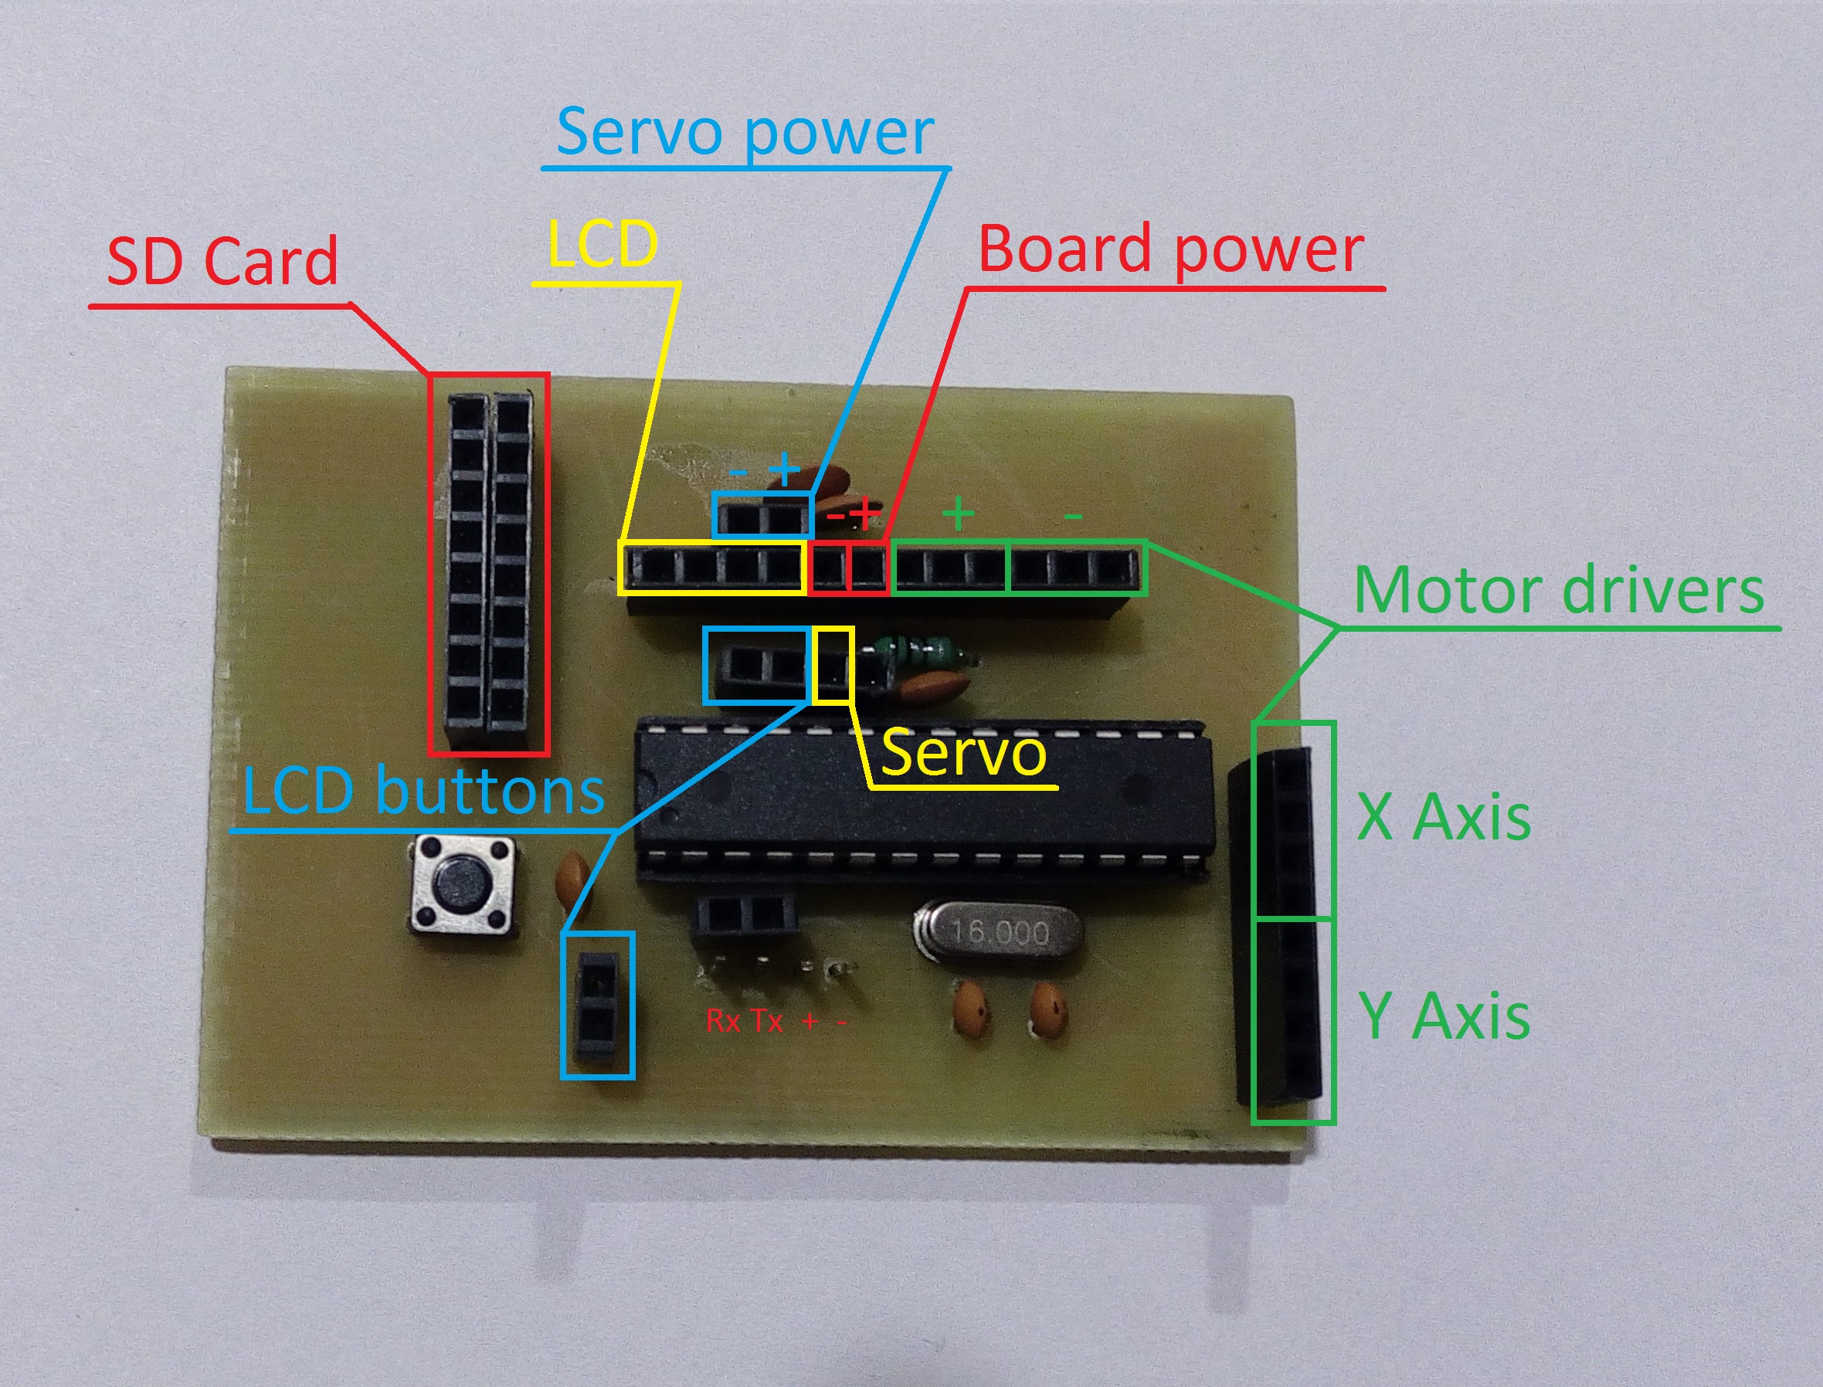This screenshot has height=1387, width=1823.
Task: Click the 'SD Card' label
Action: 223,261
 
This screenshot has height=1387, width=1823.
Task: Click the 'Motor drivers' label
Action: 1559,591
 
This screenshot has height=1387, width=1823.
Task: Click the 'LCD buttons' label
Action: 423,791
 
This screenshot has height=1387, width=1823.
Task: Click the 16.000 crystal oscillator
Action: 997,933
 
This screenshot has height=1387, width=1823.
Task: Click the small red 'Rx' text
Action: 723,1022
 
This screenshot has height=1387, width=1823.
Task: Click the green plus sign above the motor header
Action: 959,514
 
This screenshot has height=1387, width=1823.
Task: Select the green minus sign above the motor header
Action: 1072,517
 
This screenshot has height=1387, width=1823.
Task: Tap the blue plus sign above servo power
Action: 784,471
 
